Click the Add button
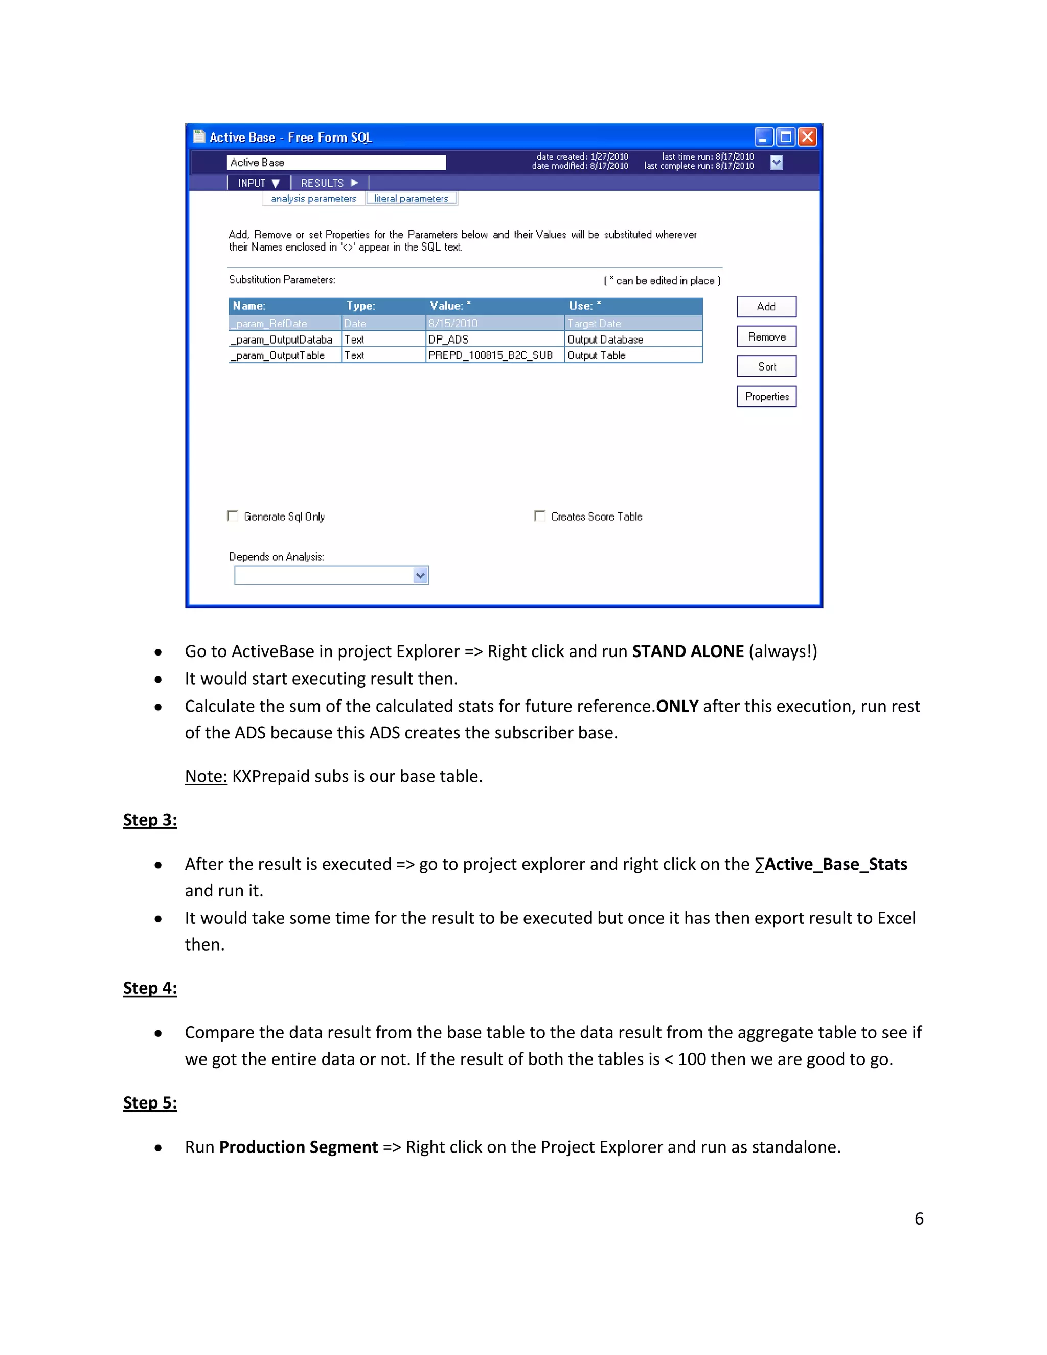(766, 306)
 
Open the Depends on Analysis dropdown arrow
(420, 575)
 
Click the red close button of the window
(807, 137)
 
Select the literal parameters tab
(411, 198)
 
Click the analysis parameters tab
(313, 198)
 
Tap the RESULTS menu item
(329, 183)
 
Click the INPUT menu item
(258, 183)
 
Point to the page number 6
(919, 1218)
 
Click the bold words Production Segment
(299, 1147)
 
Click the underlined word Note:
(206, 776)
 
